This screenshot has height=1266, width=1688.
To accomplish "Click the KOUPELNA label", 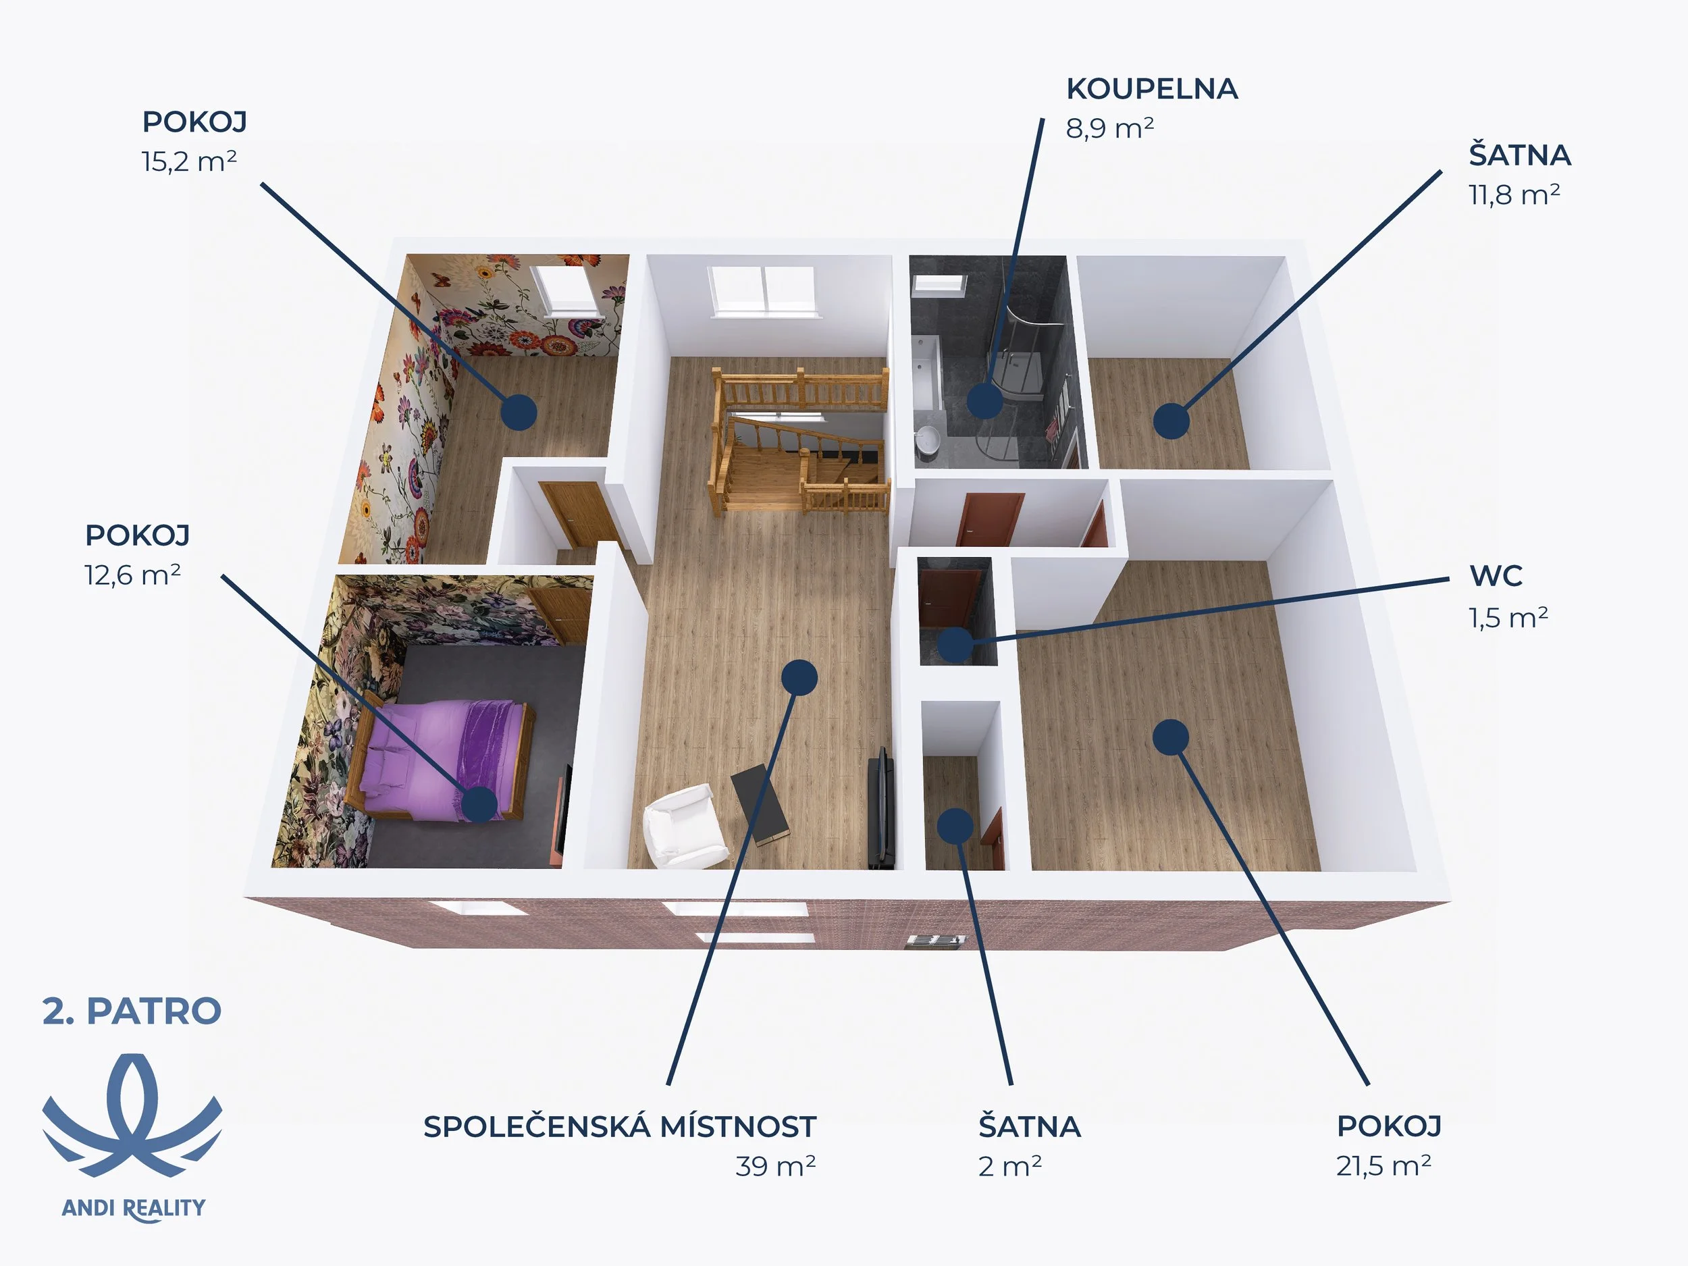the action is pyautogui.click(x=1151, y=89).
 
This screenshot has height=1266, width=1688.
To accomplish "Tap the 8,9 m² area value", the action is pyautogui.click(x=1109, y=128).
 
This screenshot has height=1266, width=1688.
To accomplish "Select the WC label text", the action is pyautogui.click(x=1496, y=576).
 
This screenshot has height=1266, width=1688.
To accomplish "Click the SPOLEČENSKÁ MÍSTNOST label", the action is pyautogui.click(x=620, y=1126).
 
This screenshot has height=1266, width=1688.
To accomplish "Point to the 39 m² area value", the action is pyautogui.click(x=775, y=1166).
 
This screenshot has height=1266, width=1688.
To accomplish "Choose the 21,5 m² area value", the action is pyautogui.click(x=1383, y=1166).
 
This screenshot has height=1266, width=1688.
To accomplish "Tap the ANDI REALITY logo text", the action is pyautogui.click(x=134, y=1208).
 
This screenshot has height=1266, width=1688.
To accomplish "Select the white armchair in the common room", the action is pyautogui.click(x=681, y=826).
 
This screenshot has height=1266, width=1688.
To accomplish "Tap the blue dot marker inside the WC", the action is pyautogui.click(x=955, y=644).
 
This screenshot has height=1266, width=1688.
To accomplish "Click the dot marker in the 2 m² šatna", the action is pyautogui.click(x=955, y=825).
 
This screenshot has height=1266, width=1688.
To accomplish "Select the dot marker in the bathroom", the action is pyautogui.click(x=984, y=400).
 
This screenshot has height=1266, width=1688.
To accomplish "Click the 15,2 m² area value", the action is pyautogui.click(x=188, y=162).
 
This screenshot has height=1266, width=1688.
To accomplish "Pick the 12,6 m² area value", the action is pyautogui.click(x=132, y=575).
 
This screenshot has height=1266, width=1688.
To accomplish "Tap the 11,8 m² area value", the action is pyautogui.click(x=1514, y=195).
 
